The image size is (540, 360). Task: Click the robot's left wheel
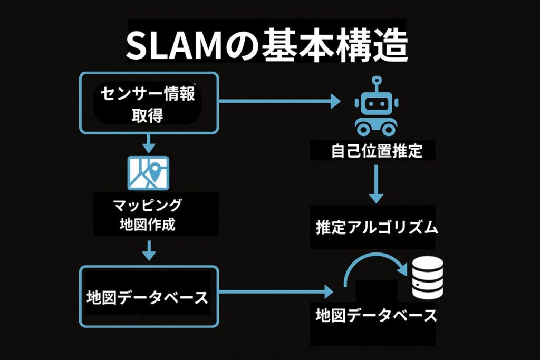click(x=363, y=128)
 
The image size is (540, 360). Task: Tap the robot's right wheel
click(x=389, y=128)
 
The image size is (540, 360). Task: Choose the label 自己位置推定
click(x=377, y=152)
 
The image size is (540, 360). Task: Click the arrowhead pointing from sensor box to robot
click(x=335, y=101)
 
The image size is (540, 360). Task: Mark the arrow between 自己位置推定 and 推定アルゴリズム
click(x=376, y=184)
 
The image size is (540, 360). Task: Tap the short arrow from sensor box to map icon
click(x=149, y=142)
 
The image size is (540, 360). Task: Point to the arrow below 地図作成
click(x=149, y=250)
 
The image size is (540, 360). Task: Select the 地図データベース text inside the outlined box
click(x=147, y=297)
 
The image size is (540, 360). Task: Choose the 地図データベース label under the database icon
click(x=376, y=316)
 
